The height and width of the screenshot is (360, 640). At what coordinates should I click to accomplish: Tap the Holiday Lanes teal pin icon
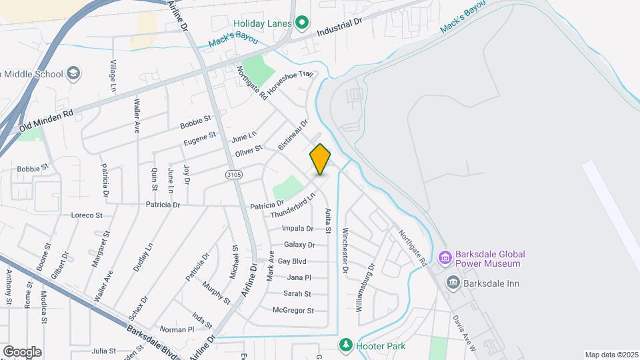[x=301, y=24]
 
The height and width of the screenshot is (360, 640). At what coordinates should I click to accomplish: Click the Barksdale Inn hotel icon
[x=453, y=283]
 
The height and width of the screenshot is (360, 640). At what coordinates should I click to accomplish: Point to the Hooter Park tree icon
[x=345, y=345]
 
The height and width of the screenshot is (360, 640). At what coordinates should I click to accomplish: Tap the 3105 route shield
[x=234, y=175]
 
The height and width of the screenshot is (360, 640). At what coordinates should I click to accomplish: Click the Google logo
[x=22, y=351]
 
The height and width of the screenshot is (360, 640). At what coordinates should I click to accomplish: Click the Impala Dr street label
[x=298, y=228]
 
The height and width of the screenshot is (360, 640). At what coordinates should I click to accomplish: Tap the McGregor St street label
[x=293, y=310]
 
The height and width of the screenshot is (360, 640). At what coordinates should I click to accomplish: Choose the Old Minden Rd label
[x=46, y=120]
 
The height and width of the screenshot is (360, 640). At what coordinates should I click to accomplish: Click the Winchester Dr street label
[x=345, y=251]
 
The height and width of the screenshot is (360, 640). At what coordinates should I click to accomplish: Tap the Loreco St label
[x=87, y=215]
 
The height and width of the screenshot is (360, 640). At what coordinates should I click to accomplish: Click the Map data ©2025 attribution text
[x=611, y=355]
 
